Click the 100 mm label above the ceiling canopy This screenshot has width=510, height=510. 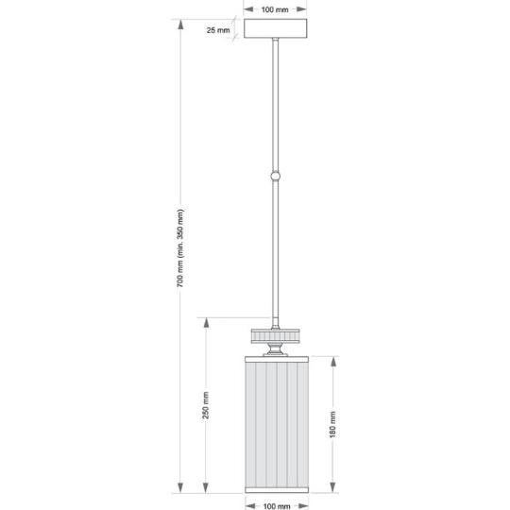pos(275,9)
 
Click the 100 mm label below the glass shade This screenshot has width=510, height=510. pos(277,506)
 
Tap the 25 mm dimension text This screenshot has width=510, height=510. pos(218,30)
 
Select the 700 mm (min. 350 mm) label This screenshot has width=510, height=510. pos(180,248)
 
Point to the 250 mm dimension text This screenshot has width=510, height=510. pos(206,405)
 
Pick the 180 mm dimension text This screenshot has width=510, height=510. pos(332,424)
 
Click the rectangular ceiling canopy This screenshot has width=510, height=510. pos(275,28)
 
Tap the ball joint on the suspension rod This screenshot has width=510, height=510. pos(275,176)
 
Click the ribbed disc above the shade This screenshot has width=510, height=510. pos(275,336)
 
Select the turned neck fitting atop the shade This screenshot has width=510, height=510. pos(275,349)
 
